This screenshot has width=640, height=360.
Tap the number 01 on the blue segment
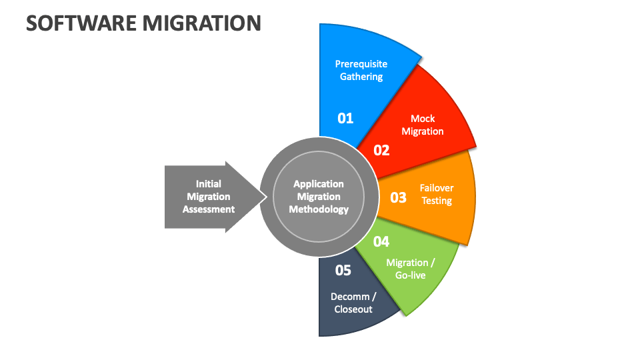pos(345,119)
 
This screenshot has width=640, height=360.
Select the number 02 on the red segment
pos(381,151)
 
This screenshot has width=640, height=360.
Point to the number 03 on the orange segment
pos(398,197)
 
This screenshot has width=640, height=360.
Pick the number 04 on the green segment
pos(381,242)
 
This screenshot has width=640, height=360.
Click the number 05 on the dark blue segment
pos(343,270)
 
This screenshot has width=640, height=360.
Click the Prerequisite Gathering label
pos(361,70)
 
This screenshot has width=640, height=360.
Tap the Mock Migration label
pos(423,125)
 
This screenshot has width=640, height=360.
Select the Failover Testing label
pos(436,194)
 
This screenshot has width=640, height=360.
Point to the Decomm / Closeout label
pos(353,303)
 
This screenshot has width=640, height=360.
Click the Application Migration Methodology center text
pos(319,197)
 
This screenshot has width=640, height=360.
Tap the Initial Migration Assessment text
pos(209,197)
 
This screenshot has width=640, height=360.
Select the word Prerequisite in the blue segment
pos(361,64)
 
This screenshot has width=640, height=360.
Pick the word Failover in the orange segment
pos(436,188)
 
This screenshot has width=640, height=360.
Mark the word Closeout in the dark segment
pos(353,309)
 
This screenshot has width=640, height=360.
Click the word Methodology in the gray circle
pos(319,209)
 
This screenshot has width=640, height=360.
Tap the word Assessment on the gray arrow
pos(209,209)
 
